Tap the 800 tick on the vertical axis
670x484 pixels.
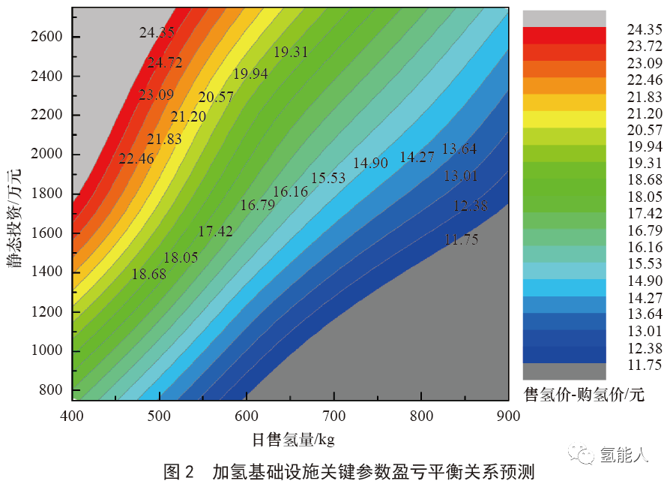click(x=49, y=390)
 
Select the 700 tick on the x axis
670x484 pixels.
click(x=334, y=415)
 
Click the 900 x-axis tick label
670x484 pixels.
click(x=509, y=415)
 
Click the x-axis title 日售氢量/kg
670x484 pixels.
click(x=293, y=438)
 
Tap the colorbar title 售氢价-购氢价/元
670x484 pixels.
click(x=584, y=393)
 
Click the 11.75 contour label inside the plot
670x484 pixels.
click(x=461, y=240)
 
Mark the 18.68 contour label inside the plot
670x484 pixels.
click(x=148, y=274)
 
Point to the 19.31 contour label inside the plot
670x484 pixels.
click(x=291, y=52)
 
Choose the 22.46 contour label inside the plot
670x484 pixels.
click(x=136, y=158)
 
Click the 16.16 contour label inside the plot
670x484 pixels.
click(x=290, y=192)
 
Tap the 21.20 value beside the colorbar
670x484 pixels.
click(x=645, y=114)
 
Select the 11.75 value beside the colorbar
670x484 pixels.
click(x=645, y=365)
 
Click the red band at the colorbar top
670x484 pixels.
click(x=564, y=35)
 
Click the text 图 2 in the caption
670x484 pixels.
click(x=179, y=472)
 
